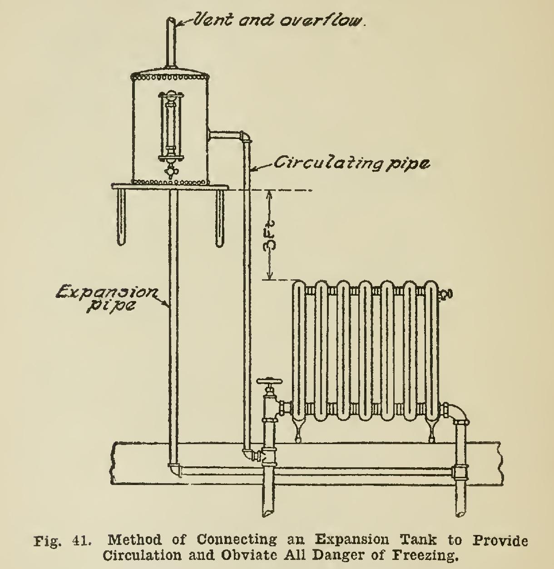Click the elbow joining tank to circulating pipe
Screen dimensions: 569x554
point(245,136)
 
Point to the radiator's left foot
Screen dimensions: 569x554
point(297,431)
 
